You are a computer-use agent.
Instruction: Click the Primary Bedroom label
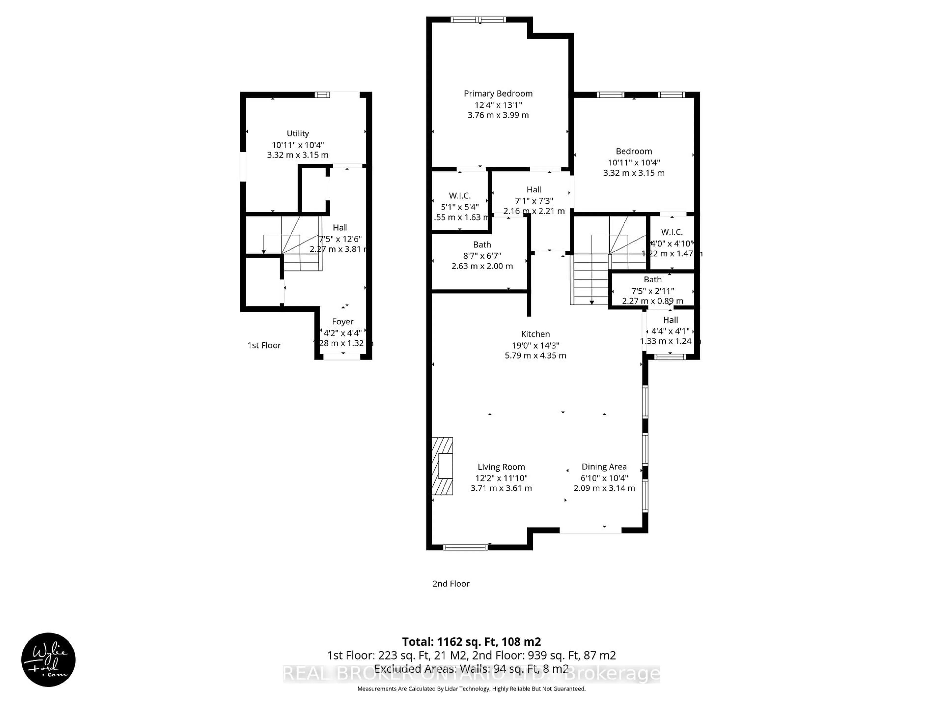click(x=498, y=93)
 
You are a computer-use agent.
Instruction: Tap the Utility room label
click(x=298, y=133)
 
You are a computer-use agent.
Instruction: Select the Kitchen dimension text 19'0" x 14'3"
click(x=535, y=345)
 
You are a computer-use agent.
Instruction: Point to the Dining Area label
click(x=604, y=467)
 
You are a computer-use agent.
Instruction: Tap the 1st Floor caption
click(x=264, y=345)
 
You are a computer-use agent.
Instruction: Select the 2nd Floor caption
click(x=451, y=583)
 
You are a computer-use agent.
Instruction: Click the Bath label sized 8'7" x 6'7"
click(x=482, y=245)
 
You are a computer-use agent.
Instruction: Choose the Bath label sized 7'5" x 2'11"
click(x=652, y=280)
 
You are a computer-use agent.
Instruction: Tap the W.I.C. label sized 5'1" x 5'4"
click(x=459, y=196)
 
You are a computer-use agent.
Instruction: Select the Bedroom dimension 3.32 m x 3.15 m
click(x=634, y=173)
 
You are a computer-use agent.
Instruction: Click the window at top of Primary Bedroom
click(x=478, y=20)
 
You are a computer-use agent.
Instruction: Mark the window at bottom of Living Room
click(x=465, y=547)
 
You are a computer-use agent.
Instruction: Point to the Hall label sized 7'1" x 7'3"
click(x=534, y=190)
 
